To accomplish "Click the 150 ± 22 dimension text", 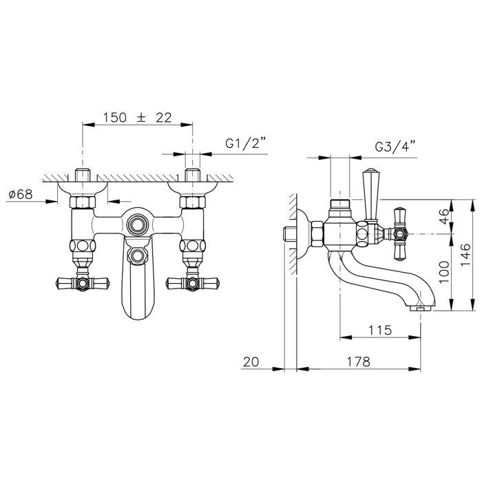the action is pos(137,117).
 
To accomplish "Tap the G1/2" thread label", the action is pos(245,143).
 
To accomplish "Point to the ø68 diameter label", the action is pos(21,194).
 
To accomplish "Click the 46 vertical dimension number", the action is pos(444,216).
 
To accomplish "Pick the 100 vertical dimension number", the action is pos(444,272).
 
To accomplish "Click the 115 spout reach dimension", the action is pos(380,330).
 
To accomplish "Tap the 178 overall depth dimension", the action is pos(359,361).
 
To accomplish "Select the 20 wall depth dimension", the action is pos(251,361).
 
